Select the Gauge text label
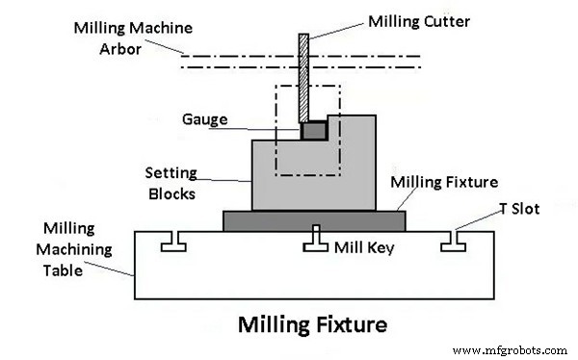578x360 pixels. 204,119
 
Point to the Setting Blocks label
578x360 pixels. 171,183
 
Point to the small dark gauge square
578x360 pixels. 313,129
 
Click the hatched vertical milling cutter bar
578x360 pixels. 302,77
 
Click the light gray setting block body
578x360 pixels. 289,178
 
